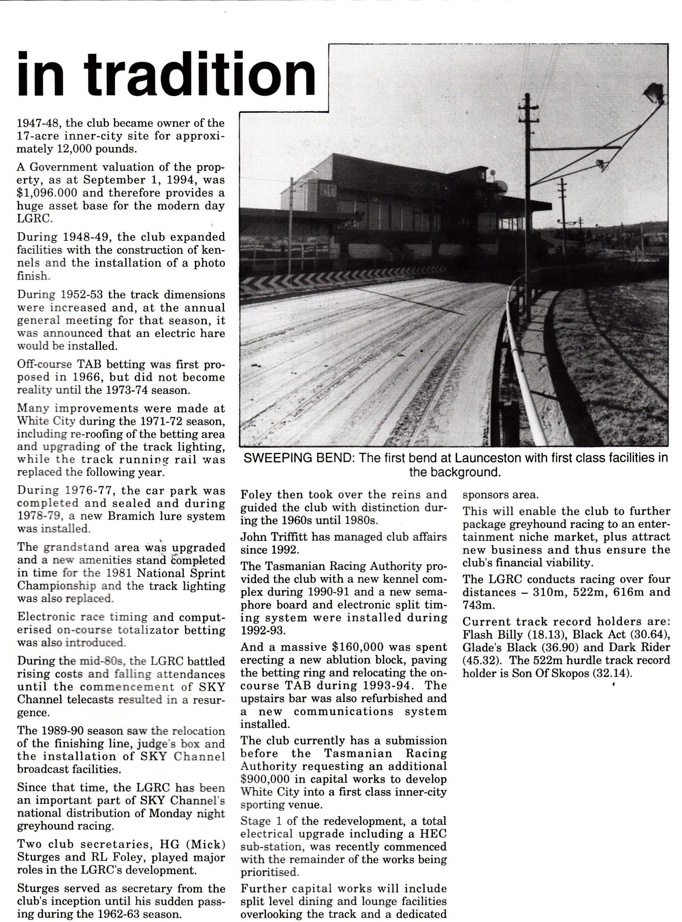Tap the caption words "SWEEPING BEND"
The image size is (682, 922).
(289, 458)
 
